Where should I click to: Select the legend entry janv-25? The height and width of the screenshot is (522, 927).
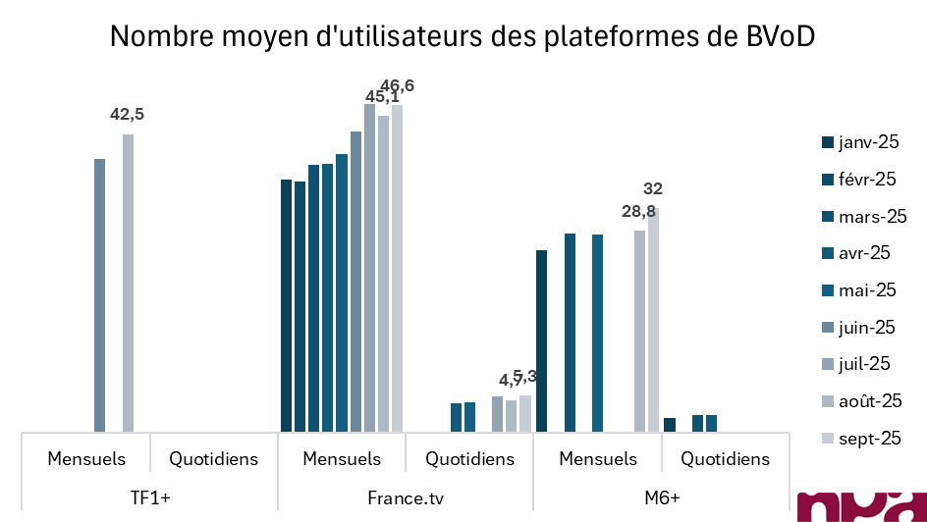[861, 143]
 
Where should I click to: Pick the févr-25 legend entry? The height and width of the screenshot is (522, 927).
[859, 180]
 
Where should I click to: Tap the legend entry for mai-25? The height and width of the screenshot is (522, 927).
[859, 289]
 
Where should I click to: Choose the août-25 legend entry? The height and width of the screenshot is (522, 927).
[860, 400]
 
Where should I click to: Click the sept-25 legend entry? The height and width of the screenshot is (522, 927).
[860, 438]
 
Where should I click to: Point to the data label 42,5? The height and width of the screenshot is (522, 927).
[127, 115]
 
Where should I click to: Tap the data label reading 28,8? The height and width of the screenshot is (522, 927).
[638, 212]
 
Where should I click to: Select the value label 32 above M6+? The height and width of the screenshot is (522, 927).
[653, 188]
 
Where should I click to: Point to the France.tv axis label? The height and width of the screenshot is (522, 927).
[406, 496]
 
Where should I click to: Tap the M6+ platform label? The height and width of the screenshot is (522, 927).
[661, 496]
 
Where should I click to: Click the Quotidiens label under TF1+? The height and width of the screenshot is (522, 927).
[213, 458]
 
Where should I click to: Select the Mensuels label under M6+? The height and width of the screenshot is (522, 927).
[597, 458]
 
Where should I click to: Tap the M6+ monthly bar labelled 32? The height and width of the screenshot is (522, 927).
[653, 319]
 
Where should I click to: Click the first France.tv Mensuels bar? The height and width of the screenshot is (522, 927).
[286, 305]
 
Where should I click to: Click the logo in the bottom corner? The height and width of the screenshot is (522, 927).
[863, 505]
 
